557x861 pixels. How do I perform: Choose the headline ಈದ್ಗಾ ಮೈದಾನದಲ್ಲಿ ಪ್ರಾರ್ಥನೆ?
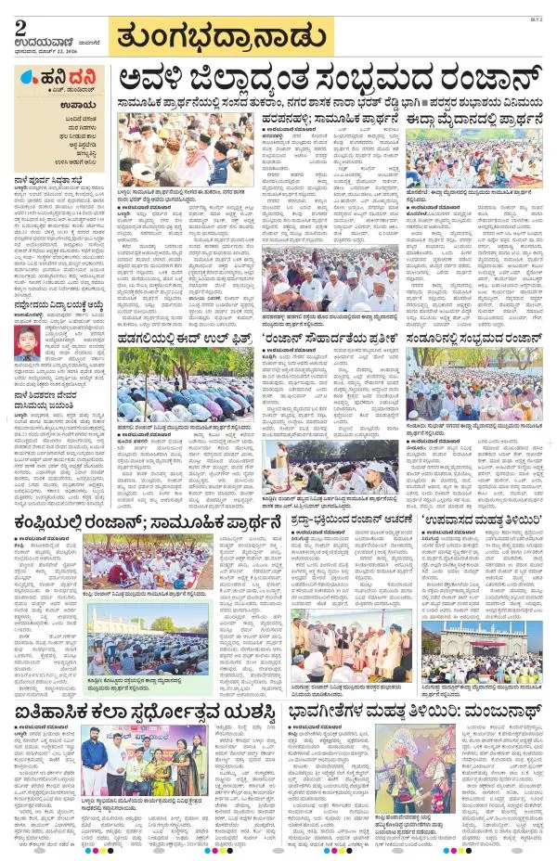[477, 121]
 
